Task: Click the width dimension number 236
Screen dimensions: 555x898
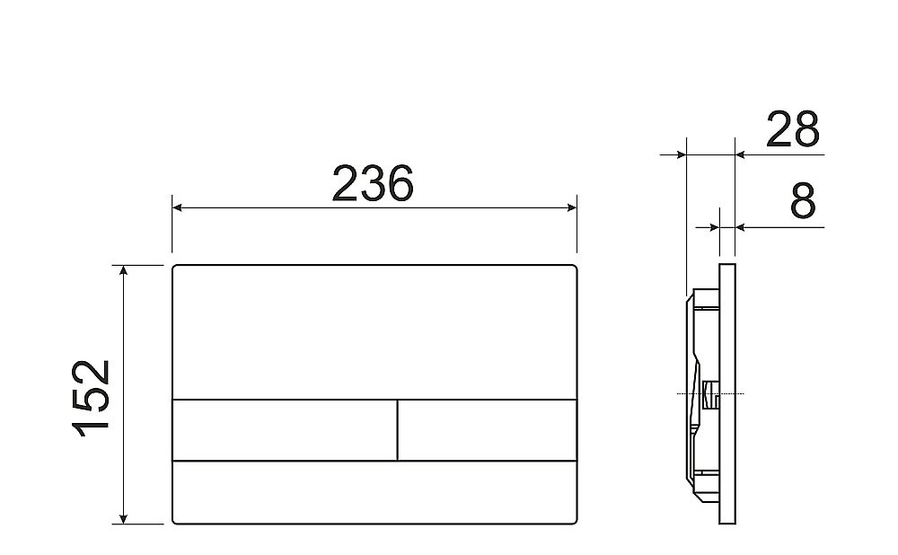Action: tap(373, 183)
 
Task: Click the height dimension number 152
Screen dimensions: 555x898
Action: tap(92, 396)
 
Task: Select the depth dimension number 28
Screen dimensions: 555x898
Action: tap(792, 130)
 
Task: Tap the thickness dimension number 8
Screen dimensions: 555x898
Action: tap(803, 203)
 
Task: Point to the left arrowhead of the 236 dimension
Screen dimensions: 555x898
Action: tap(178, 208)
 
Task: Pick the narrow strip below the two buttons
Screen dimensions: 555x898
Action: tap(374, 492)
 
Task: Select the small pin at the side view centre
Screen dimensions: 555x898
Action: tap(710, 393)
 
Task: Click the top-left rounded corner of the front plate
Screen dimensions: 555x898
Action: tap(175, 269)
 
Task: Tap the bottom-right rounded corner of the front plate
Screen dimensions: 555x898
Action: tap(573, 521)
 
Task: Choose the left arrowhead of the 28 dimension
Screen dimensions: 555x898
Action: tap(680, 154)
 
